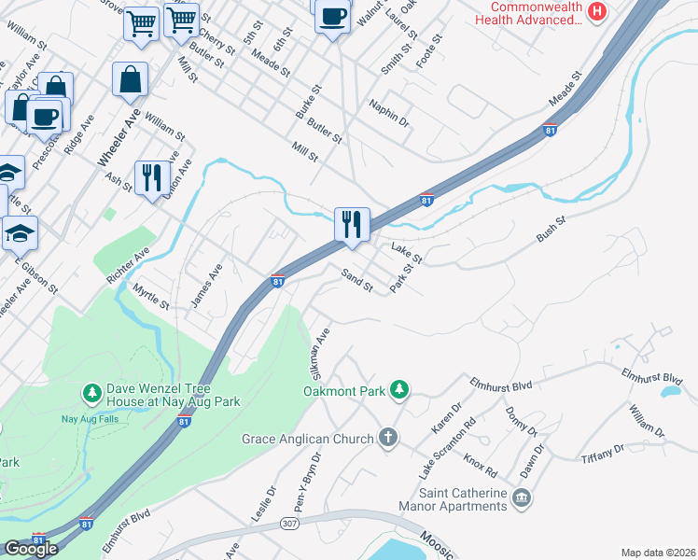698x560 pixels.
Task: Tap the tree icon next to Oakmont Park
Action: [399, 388]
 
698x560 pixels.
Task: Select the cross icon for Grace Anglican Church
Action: [387, 438]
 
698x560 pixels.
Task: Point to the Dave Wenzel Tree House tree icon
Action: [91, 390]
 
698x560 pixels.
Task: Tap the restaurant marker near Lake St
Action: [352, 225]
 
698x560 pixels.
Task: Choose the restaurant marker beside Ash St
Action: [152, 177]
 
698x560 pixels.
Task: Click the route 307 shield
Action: [289, 525]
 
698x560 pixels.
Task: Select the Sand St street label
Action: [356, 280]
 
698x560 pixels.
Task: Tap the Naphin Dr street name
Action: [389, 113]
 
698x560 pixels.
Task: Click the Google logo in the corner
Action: [31, 549]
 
